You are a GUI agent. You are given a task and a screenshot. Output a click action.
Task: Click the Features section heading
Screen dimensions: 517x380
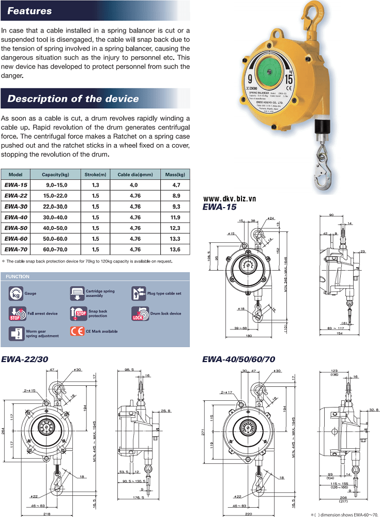click(30, 11)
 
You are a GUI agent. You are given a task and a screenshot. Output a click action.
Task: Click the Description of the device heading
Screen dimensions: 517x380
click(73, 99)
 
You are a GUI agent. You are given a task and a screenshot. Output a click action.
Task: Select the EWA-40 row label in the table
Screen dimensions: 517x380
click(16, 217)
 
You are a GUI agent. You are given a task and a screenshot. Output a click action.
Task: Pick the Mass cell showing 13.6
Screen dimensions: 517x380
click(175, 249)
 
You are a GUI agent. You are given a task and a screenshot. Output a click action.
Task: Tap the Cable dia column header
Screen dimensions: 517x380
click(134, 175)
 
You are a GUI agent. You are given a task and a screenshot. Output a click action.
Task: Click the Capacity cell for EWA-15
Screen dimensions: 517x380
click(56, 185)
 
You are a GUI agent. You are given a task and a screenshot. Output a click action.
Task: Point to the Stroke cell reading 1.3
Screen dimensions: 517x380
click(96, 185)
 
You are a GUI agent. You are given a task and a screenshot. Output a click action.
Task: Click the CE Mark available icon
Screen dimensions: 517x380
click(77, 331)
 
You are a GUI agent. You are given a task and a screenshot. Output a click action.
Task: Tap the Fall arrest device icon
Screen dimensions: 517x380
click(15, 313)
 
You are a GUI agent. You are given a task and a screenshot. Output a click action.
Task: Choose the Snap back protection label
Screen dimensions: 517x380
click(98, 314)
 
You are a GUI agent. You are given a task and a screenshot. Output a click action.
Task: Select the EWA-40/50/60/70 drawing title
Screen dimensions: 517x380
click(238, 359)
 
